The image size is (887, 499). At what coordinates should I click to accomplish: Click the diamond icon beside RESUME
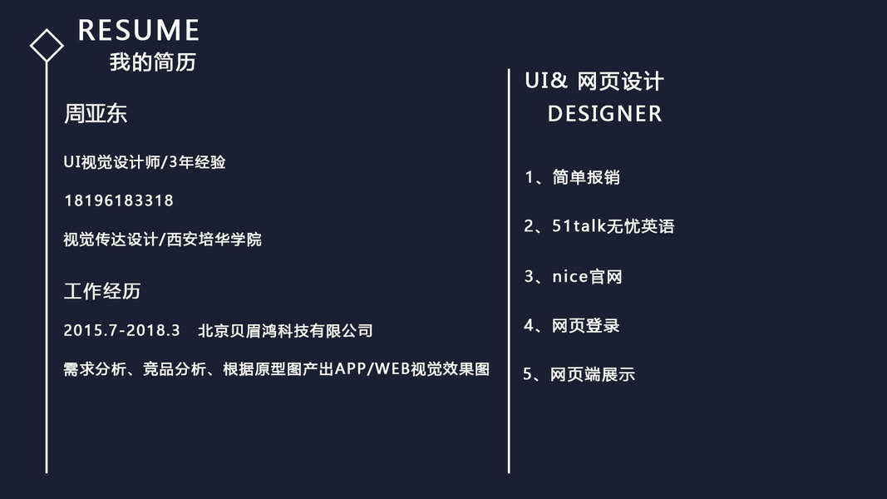47,46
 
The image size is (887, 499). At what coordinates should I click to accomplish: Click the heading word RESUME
139,31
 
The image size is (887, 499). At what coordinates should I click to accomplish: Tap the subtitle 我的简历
153,62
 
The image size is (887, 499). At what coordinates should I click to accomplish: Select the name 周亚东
96,114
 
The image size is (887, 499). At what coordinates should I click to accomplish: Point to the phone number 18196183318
119,200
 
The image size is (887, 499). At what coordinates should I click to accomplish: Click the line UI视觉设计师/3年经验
145,162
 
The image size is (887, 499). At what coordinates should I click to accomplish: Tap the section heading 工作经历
102,291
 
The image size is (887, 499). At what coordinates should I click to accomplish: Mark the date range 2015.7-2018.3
121,330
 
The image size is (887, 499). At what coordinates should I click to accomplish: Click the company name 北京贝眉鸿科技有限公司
285,330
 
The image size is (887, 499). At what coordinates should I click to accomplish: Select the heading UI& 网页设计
594,81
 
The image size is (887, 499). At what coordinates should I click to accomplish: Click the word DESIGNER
604,113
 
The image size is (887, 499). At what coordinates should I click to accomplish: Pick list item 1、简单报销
572,177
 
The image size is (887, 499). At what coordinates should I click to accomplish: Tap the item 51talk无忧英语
613,226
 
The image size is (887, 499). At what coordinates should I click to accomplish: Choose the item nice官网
587,276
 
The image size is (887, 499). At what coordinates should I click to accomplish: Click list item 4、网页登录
572,325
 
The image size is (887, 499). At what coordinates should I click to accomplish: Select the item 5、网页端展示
579,374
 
